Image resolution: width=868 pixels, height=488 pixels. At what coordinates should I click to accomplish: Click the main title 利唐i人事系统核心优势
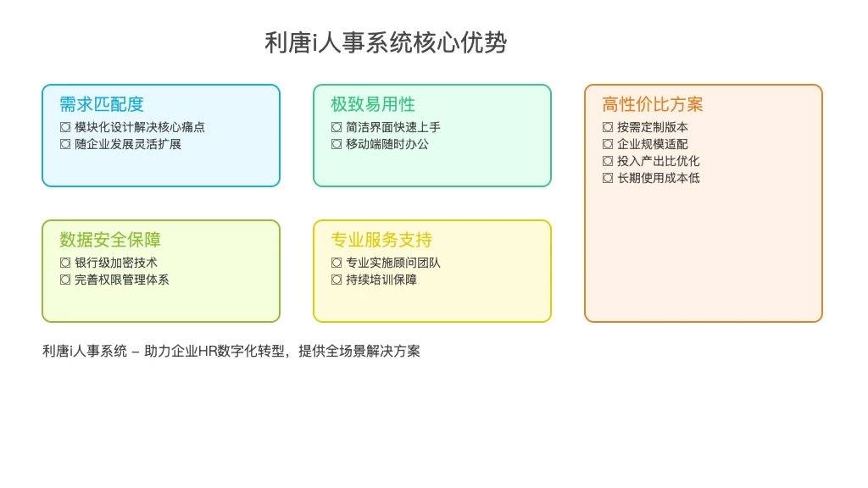point(386,42)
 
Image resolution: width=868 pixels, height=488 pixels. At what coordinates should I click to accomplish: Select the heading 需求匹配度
point(102,104)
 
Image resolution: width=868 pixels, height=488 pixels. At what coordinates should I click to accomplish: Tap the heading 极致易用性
point(373,104)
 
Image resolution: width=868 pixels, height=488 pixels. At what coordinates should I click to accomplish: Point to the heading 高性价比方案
point(653,104)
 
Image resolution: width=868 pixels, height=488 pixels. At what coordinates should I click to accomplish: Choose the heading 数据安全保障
point(110,240)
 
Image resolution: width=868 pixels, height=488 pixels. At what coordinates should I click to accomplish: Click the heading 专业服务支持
point(381,240)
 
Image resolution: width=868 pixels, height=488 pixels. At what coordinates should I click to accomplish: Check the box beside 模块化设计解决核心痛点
point(65,127)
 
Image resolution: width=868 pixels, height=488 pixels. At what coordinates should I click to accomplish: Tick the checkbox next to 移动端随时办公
point(337,144)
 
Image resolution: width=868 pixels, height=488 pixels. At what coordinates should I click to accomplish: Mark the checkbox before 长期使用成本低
point(608,178)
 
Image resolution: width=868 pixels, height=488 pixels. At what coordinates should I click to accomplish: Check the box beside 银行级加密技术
point(65,263)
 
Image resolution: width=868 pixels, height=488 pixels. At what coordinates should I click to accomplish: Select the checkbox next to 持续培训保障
point(337,280)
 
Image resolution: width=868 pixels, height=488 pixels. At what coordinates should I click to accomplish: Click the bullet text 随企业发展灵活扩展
point(128,144)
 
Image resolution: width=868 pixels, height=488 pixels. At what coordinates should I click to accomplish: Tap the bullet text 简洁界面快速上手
point(393,127)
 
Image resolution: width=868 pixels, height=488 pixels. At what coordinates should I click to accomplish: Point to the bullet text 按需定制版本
point(653,127)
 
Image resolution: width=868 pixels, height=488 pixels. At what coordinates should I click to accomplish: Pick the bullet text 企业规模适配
point(653,144)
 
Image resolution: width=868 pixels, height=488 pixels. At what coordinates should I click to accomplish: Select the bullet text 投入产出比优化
point(658,161)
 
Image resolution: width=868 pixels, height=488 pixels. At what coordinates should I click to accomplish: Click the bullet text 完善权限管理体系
point(122,280)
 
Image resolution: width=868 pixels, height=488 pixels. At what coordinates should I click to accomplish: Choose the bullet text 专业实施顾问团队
point(393,263)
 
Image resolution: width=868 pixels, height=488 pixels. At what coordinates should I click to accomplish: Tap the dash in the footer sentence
point(136,352)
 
